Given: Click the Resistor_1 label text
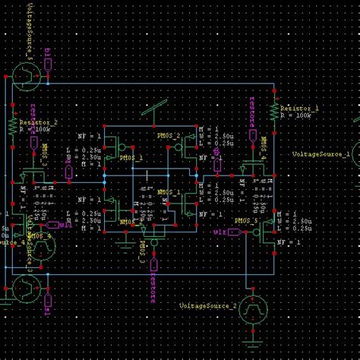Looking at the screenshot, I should pos(299,109).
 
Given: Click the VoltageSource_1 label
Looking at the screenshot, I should pos(321,153).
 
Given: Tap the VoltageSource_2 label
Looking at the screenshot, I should pos(207,305).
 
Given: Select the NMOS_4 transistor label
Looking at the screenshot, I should pos(39,236).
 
